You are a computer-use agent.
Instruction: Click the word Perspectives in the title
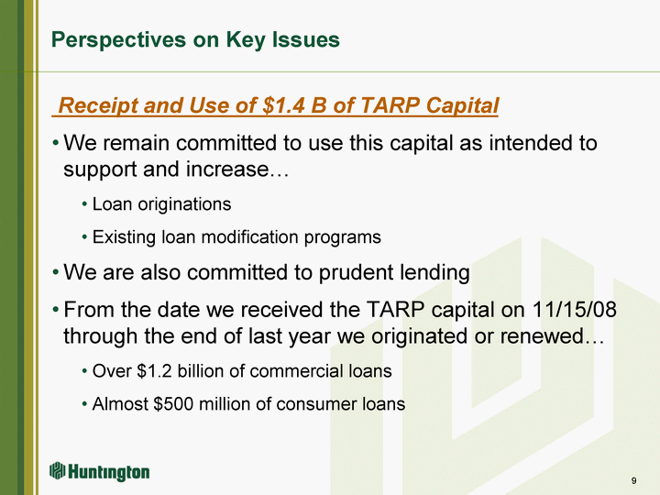[x=119, y=40]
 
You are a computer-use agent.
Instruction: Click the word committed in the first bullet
[x=226, y=143]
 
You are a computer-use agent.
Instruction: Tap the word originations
[x=184, y=204]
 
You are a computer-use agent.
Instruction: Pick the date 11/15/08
[x=575, y=310]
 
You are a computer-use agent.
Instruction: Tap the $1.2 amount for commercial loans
[x=155, y=371]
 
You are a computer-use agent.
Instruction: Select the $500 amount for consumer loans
[x=173, y=404]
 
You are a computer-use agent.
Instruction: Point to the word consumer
[x=311, y=404]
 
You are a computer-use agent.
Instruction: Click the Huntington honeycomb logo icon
[x=58, y=470]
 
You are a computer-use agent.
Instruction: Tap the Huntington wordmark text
[x=108, y=472]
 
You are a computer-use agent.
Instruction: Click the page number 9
[x=634, y=480]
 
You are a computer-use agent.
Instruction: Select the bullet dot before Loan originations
[x=84, y=205]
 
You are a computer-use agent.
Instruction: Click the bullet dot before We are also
[x=56, y=272]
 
